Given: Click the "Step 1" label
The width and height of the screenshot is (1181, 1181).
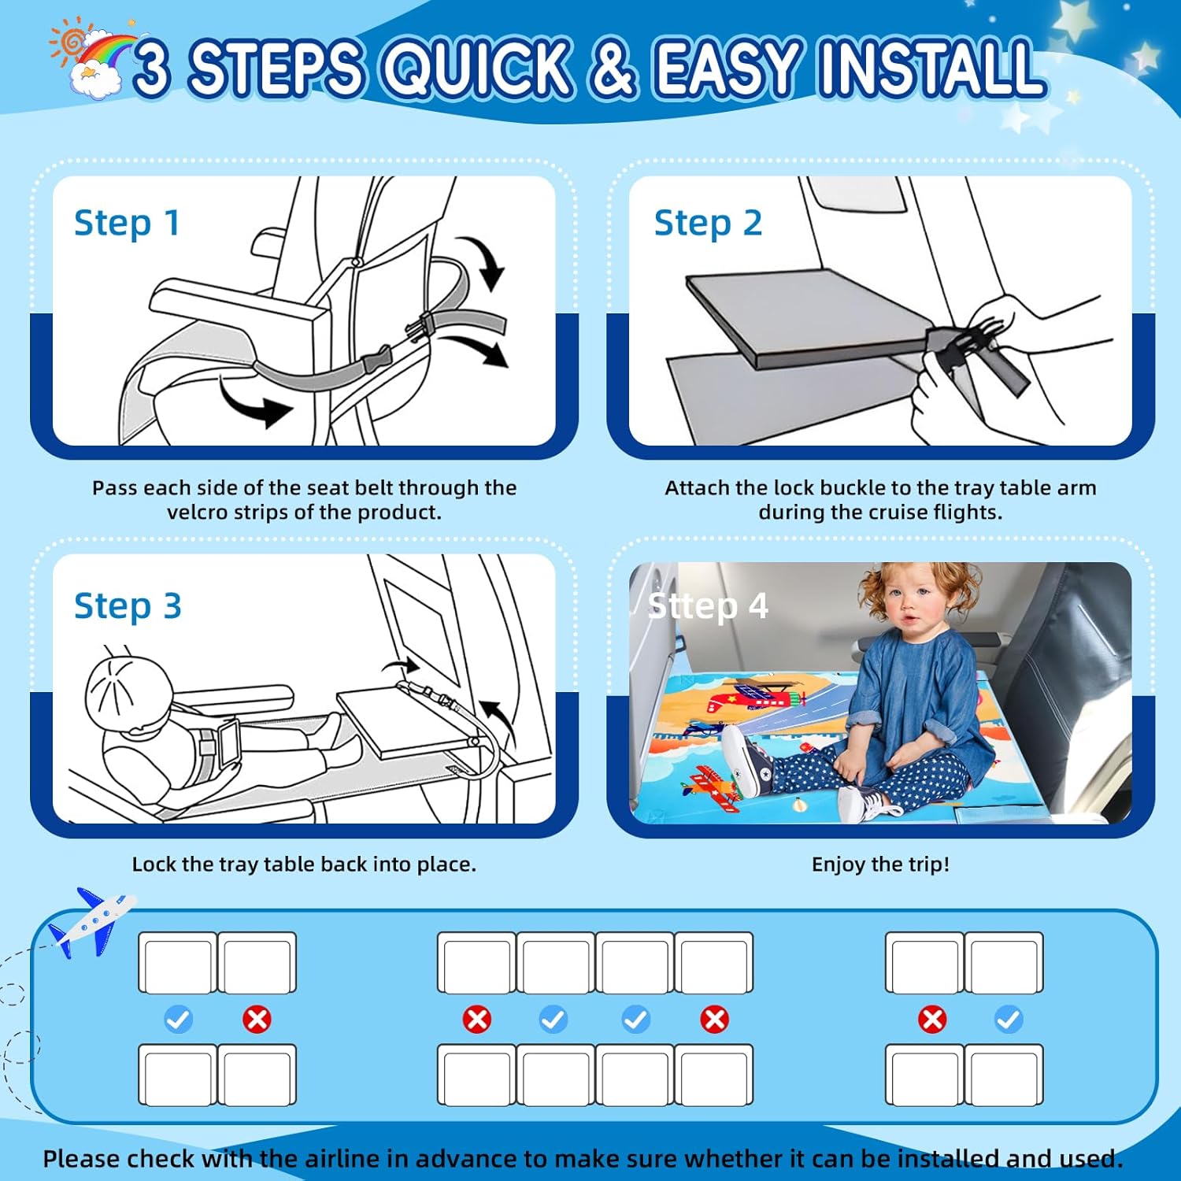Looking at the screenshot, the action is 127,223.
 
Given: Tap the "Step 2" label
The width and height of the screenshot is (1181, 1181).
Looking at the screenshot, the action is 708,223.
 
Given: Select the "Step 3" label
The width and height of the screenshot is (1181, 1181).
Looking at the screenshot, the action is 128,606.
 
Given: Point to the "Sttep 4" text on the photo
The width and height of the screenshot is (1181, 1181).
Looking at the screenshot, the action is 707,606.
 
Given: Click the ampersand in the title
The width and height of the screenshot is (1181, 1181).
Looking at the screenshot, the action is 612,68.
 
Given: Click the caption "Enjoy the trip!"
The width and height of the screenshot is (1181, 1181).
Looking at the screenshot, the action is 880,864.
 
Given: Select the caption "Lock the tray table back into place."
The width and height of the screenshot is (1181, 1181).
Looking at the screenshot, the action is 304,864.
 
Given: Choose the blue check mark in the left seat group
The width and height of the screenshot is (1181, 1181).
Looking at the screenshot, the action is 178,1020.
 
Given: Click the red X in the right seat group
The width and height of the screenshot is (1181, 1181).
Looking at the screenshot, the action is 932,1020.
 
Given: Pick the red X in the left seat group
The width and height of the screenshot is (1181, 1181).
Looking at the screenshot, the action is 257,1020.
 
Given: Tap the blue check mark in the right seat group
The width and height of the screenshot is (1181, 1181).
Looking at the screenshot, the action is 1009,1020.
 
